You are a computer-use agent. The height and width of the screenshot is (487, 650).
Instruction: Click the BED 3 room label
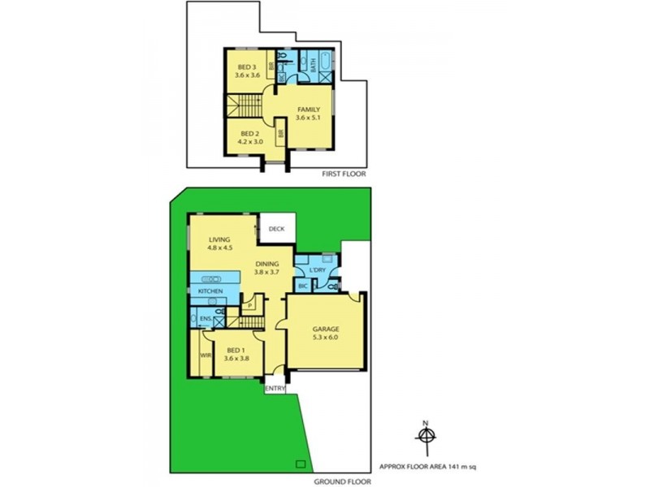click(x=247, y=67)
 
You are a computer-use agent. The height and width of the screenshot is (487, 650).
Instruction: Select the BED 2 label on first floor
click(x=247, y=133)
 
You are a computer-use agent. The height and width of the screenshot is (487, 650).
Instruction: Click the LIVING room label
click(x=220, y=240)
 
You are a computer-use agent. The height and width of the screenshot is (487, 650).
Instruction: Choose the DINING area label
click(x=267, y=264)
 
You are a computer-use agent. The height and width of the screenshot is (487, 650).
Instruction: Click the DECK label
click(x=276, y=230)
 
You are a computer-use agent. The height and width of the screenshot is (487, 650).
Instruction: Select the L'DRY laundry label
click(x=317, y=269)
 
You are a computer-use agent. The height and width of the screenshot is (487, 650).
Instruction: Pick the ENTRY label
click(x=275, y=389)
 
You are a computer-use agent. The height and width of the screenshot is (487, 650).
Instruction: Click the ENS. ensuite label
click(x=206, y=320)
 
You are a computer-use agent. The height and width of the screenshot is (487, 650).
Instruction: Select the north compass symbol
click(x=425, y=436)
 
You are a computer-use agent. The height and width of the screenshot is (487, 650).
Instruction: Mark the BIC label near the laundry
click(x=303, y=287)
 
